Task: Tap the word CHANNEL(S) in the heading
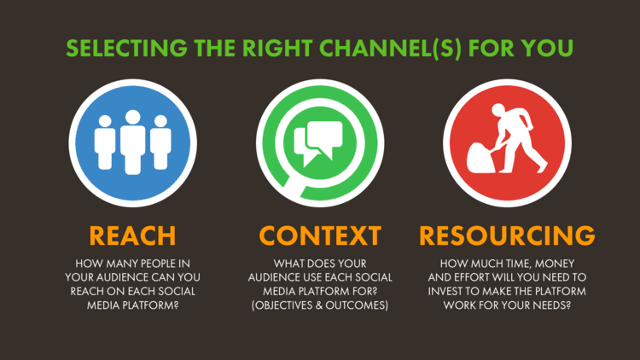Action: [390, 49]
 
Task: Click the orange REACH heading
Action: [132, 235]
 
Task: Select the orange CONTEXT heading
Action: [320, 235]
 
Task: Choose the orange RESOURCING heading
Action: [507, 235]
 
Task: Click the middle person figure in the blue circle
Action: [132, 142]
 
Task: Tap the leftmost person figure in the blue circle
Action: [105, 142]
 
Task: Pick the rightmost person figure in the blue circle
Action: [160, 142]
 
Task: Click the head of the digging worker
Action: [498, 110]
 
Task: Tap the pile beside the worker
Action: [480, 158]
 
